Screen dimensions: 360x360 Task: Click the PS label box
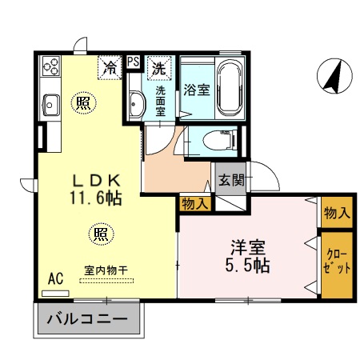tap(133, 62)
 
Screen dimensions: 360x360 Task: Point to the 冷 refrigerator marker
tap(109, 69)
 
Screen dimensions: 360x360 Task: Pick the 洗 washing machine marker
tap(160, 69)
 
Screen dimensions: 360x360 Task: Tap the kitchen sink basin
tap(50, 103)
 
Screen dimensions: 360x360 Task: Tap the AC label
tap(55, 278)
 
